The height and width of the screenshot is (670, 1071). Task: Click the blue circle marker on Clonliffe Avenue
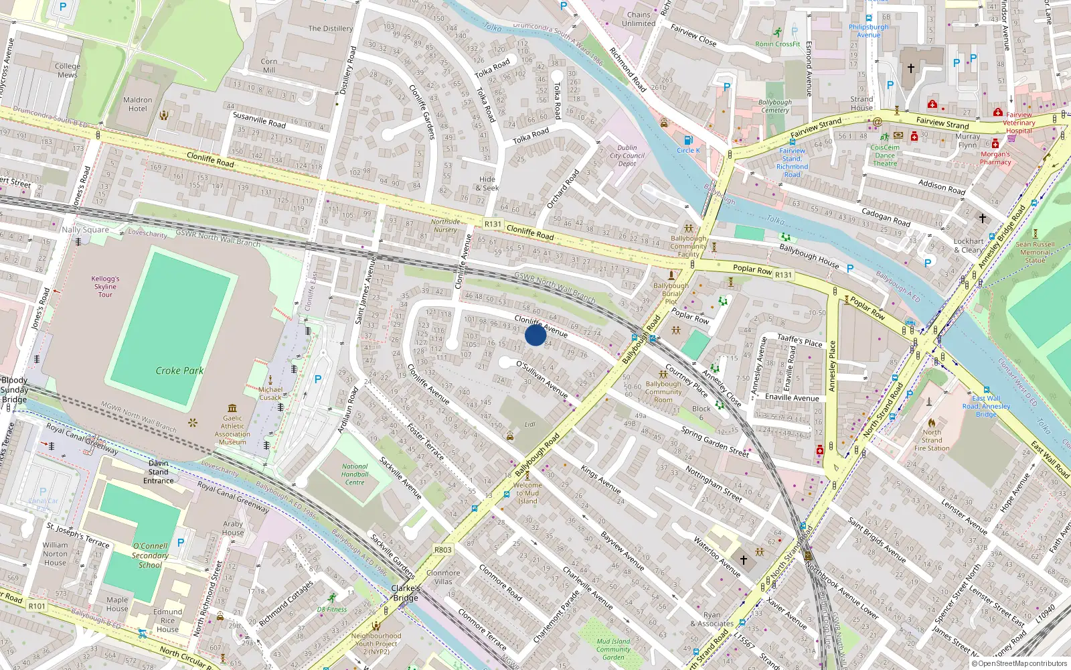(x=535, y=335)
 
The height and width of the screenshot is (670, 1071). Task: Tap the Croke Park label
(x=179, y=371)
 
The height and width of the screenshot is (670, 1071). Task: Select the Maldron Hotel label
(x=138, y=104)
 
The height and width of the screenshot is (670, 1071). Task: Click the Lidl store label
(x=530, y=424)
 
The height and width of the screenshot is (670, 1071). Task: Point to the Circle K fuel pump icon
(x=688, y=140)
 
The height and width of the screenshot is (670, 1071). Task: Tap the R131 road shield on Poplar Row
(x=783, y=274)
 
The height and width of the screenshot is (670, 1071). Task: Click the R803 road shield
(x=443, y=549)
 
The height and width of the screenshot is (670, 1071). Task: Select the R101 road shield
(x=37, y=606)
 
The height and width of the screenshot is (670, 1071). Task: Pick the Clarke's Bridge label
(x=406, y=593)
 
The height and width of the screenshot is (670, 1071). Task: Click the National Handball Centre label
(x=355, y=474)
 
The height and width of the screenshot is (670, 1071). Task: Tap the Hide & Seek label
(x=487, y=184)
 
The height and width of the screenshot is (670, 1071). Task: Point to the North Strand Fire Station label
(x=932, y=440)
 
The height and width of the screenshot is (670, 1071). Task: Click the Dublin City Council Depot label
(x=627, y=155)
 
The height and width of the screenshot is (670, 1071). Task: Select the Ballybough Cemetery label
(x=775, y=106)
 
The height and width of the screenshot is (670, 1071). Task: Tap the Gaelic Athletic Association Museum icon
(x=232, y=407)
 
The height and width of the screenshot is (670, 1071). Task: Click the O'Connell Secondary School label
(x=150, y=555)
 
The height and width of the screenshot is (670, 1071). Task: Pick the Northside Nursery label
(x=445, y=225)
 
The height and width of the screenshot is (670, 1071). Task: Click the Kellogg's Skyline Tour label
(x=105, y=286)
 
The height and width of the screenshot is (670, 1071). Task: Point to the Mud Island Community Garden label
(x=613, y=649)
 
